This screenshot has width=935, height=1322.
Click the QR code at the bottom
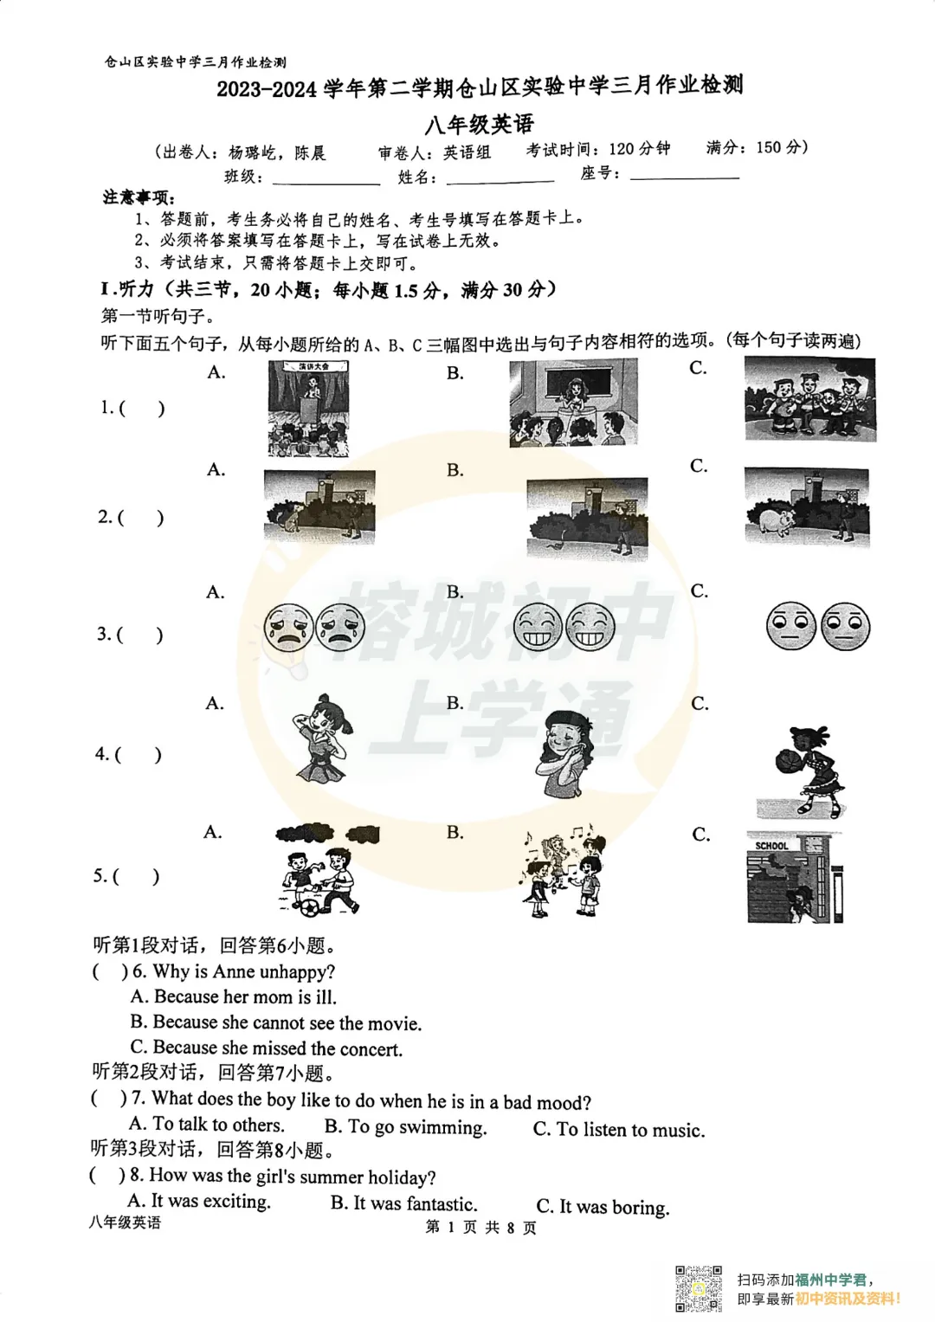click(699, 1288)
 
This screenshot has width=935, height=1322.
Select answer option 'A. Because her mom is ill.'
click(233, 997)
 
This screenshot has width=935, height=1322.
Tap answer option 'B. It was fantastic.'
click(403, 1204)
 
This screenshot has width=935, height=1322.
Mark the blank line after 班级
click(326, 180)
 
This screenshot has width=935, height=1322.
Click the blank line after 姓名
click(500, 179)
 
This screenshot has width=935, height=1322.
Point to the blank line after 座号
click(685, 176)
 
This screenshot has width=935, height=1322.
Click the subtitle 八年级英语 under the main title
click(479, 125)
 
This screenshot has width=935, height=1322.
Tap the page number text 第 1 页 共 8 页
click(481, 1228)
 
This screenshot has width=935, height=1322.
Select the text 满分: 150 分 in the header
click(757, 148)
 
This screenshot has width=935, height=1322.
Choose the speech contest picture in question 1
click(308, 409)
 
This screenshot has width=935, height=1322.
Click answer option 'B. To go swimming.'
click(405, 1127)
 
